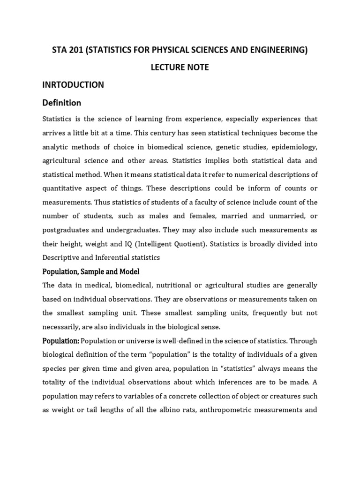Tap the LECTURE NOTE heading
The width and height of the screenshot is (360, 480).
point(180,67)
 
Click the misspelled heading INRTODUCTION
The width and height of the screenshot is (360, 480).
point(73,85)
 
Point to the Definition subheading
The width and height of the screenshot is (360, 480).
point(62,103)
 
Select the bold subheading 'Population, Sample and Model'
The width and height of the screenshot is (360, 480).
point(91,272)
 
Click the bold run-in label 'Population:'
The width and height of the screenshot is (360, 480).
point(61,340)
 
